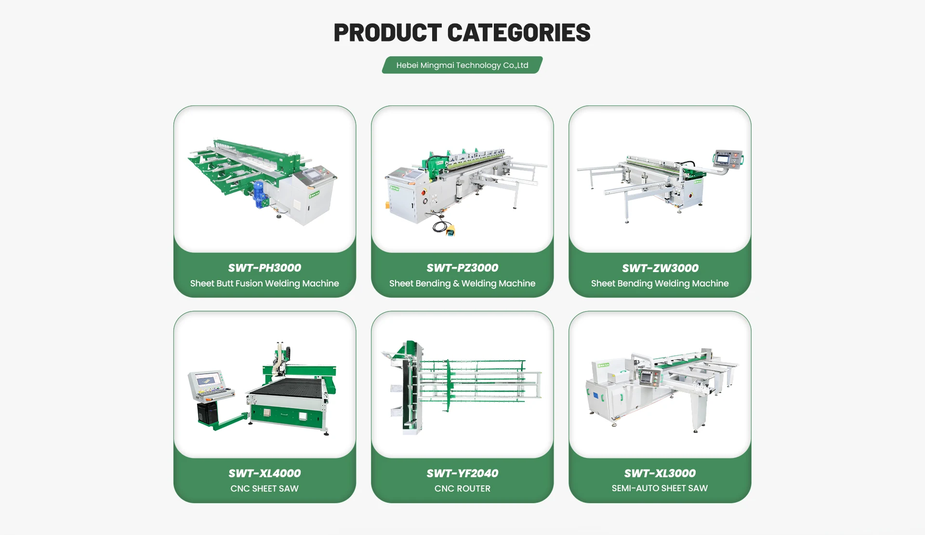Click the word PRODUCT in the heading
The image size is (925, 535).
click(x=387, y=33)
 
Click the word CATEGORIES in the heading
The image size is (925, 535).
click(x=519, y=33)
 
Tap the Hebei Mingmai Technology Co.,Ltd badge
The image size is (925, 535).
click(x=462, y=65)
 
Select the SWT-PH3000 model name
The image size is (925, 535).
click(x=264, y=268)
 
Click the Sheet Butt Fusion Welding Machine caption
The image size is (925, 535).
click(x=264, y=283)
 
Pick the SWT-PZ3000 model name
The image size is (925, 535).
click(x=462, y=268)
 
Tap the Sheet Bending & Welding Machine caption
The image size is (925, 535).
click(x=462, y=283)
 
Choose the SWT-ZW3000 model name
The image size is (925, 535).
click(x=660, y=268)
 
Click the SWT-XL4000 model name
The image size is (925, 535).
click(x=264, y=473)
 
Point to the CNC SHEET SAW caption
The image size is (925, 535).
click(x=264, y=488)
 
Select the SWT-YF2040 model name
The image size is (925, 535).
click(x=462, y=473)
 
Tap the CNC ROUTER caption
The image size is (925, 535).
click(x=462, y=488)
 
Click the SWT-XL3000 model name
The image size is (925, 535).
click(x=660, y=473)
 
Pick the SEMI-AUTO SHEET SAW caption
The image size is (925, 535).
click(x=660, y=488)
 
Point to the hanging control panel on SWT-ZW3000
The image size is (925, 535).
click(x=727, y=159)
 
